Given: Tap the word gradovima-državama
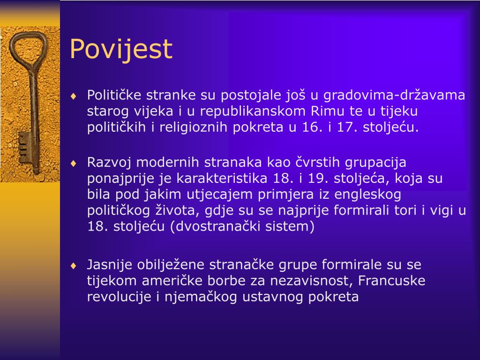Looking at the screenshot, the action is coord(394,95).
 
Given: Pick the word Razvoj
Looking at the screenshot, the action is coord(109,163).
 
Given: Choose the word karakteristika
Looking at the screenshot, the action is coord(222,178).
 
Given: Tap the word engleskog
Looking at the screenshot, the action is coord(367,195).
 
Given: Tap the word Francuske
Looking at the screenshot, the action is coord(391,280).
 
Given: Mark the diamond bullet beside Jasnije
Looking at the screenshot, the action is coord(73,266).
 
